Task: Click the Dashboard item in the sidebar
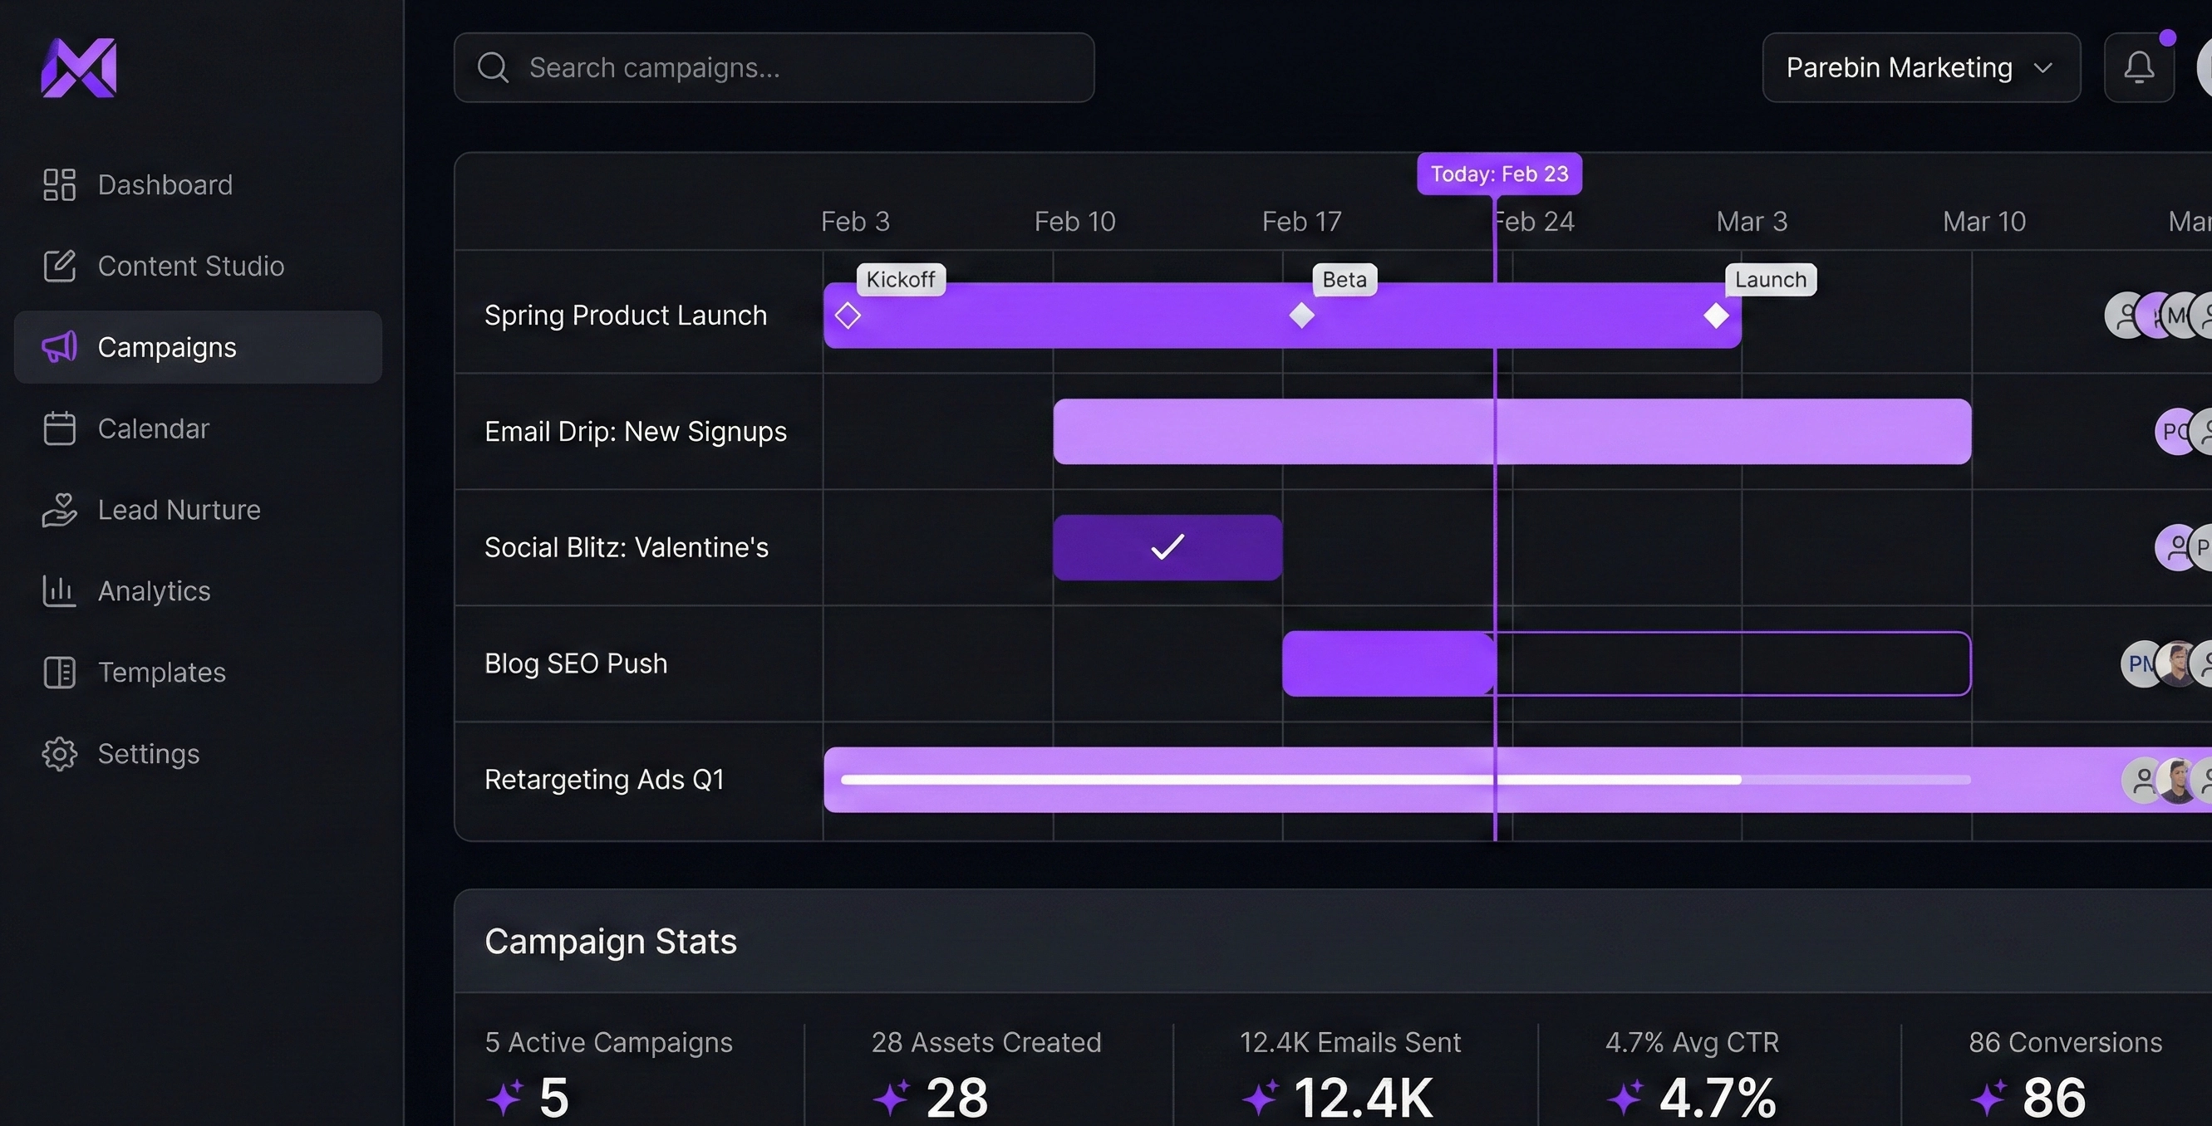tap(137, 184)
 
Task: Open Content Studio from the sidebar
tap(163, 266)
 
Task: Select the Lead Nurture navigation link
tap(151, 510)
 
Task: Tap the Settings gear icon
tap(59, 753)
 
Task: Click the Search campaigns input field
tap(773, 68)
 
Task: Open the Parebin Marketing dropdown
tap(1920, 68)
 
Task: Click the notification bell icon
tap(2138, 68)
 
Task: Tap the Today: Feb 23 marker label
tap(1498, 174)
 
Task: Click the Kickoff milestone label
tap(900, 280)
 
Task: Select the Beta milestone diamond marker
tap(1301, 316)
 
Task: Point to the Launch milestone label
tap(1770, 280)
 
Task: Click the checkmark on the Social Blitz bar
tap(1167, 546)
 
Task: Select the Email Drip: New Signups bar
tap(1512, 432)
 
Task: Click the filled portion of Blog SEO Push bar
tap(1387, 663)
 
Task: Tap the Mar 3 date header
tap(1751, 222)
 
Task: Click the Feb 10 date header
tap(1074, 222)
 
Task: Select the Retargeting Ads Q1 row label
tap(603, 779)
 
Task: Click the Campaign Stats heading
tap(611, 942)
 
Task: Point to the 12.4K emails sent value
tap(1362, 1097)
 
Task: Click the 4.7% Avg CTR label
tap(1691, 1042)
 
